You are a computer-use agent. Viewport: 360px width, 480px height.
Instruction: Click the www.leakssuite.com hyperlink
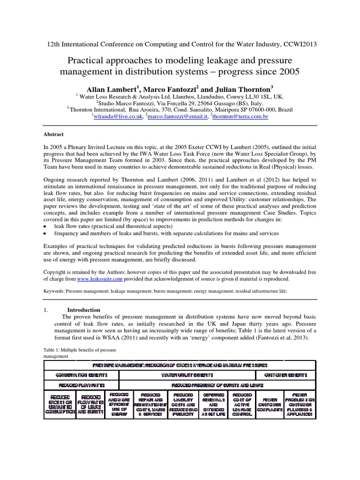(x=99, y=278)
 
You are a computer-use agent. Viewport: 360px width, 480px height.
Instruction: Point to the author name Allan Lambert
(x=112, y=89)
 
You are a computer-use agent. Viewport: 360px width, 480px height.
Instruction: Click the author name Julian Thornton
(x=244, y=89)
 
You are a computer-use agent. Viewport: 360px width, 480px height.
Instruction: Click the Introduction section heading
(x=84, y=310)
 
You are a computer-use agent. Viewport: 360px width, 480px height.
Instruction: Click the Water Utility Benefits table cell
(x=187, y=375)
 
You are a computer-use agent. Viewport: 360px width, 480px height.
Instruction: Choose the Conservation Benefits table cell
(x=82, y=375)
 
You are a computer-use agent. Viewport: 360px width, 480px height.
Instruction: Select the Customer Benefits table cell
(x=285, y=375)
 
